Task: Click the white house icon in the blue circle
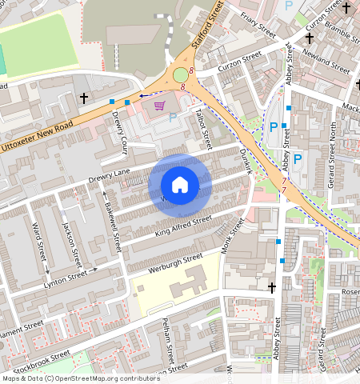coord(180,185)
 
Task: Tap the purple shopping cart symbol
coord(160,106)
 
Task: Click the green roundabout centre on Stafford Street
coord(181,76)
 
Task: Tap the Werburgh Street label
coord(170,262)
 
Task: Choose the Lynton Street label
coord(66,274)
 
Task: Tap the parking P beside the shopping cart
coord(174,117)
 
